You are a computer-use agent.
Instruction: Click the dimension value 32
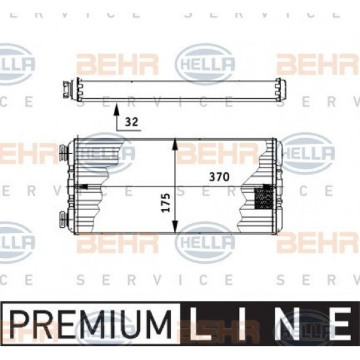(132, 122)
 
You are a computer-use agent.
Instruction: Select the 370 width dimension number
(219, 177)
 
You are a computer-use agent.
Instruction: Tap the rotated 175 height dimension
(166, 203)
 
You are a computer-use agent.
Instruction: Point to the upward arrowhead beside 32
(117, 109)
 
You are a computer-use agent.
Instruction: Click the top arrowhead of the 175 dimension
(175, 144)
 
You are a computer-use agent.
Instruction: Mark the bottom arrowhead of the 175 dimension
(175, 226)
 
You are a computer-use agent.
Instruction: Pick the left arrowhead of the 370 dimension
(82, 186)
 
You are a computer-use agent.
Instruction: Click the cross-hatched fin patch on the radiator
(264, 198)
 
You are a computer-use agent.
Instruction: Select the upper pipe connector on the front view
(63, 152)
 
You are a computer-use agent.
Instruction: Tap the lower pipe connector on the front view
(63, 219)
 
